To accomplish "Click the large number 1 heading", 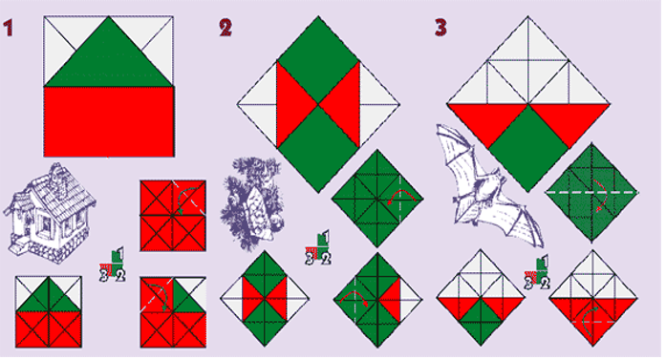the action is tap(8, 28).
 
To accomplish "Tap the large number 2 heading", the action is tap(226, 28).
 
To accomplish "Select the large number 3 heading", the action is tap(440, 28).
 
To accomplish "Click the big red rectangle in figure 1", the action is tap(109, 122).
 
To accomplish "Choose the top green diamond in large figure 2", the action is tap(318, 60).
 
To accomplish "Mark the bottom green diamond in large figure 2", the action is tap(318, 149).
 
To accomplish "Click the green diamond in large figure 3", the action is tap(528, 149).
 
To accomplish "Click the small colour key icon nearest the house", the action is tap(112, 265).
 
